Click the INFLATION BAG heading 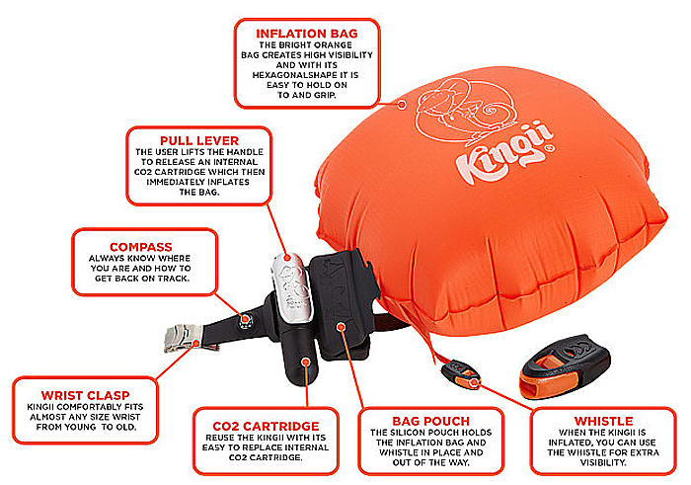point(307,34)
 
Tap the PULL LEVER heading point(199,140)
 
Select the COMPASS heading point(140,247)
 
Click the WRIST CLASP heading point(85,395)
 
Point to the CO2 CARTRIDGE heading point(266,427)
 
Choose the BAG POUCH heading point(431,421)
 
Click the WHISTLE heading point(603,421)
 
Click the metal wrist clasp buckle point(183,338)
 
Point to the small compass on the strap point(246,320)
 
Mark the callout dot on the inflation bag point(402,105)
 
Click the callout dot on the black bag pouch point(341,327)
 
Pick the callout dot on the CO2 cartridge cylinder point(305,362)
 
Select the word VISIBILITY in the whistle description point(602,462)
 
